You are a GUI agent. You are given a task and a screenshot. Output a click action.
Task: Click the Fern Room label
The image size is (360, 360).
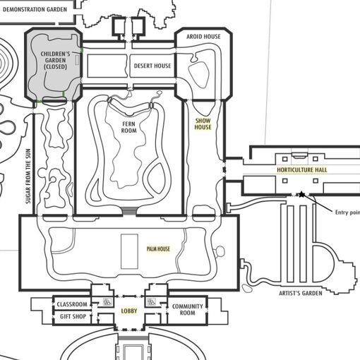(x=128, y=127)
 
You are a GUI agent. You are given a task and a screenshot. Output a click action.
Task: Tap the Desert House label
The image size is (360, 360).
(x=152, y=66)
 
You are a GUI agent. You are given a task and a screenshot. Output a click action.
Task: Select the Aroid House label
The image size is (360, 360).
(x=203, y=37)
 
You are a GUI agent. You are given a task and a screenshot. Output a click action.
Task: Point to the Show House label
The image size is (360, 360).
(x=203, y=124)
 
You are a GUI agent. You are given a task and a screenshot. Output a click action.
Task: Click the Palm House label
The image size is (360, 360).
(x=158, y=249)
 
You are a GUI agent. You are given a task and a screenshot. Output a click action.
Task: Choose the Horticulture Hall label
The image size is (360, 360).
(x=302, y=169)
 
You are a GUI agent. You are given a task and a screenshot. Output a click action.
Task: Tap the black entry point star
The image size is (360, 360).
(x=301, y=195)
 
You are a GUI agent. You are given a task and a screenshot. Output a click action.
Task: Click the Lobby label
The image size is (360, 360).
(x=129, y=311)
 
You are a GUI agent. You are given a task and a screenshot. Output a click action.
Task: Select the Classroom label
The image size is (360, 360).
(x=72, y=304)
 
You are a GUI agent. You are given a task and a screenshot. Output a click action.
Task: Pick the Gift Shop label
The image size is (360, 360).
(x=73, y=316)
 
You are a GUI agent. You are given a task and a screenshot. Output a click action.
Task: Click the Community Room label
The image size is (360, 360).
(x=187, y=309)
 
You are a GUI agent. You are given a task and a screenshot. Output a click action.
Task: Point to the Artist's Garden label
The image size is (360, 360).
(x=301, y=293)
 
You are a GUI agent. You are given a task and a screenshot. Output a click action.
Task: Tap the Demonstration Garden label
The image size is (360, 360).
(x=35, y=9)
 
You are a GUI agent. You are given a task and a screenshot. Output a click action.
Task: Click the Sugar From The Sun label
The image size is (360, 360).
(x=28, y=176)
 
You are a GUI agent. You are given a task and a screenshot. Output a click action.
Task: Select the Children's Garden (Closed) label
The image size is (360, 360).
(x=56, y=60)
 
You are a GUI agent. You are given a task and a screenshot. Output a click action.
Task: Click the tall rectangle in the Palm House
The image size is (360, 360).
(x=129, y=251)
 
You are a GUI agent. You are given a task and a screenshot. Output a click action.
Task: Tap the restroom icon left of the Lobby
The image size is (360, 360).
(x=107, y=302)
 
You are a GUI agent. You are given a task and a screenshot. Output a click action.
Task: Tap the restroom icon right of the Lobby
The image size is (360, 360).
(x=151, y=302)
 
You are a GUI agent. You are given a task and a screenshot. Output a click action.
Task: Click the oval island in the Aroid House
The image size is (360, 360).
(x=198, y=75)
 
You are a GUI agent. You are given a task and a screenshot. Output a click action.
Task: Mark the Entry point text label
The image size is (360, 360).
(x=347, y=212)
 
